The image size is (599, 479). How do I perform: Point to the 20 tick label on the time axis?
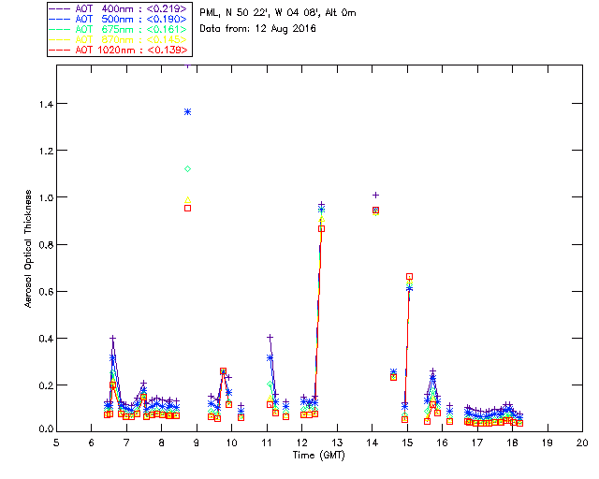pyautogui.click(x=582, y=442)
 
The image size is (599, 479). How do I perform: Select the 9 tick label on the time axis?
pyautogui.click(x=197, y=442)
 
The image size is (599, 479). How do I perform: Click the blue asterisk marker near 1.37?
pyautogui.click(x=187, y=111)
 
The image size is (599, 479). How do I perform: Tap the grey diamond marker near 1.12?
pyautogui.click(x=187, y=168)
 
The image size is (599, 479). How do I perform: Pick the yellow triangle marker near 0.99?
pyautogui.click(x=187, y=199)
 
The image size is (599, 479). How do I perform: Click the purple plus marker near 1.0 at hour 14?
pyautogui.click(x=375, y=195)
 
